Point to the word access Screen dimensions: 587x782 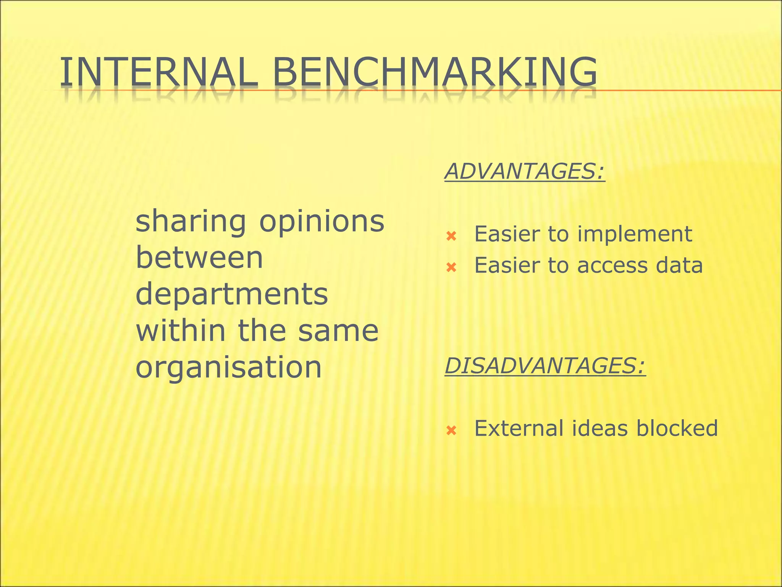(612, 266)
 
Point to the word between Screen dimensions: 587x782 (199, 258)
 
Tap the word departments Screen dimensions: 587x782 (232, 294)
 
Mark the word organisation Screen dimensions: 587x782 (229, 367)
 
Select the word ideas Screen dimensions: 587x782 (599, 428)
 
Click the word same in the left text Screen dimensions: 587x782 (338, 331)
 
